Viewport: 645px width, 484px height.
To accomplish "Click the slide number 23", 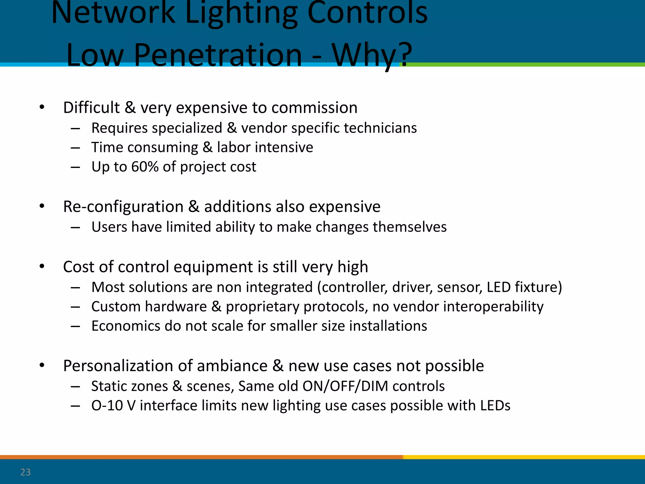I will click(x=26, y=472).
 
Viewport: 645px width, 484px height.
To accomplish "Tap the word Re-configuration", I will click(x=123, y=207).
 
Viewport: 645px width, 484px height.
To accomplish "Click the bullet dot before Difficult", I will click(x=42, y=107).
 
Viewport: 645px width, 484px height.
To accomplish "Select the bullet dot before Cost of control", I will click(x=42, y=267).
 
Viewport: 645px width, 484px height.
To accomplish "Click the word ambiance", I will click(x=232, y=366).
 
